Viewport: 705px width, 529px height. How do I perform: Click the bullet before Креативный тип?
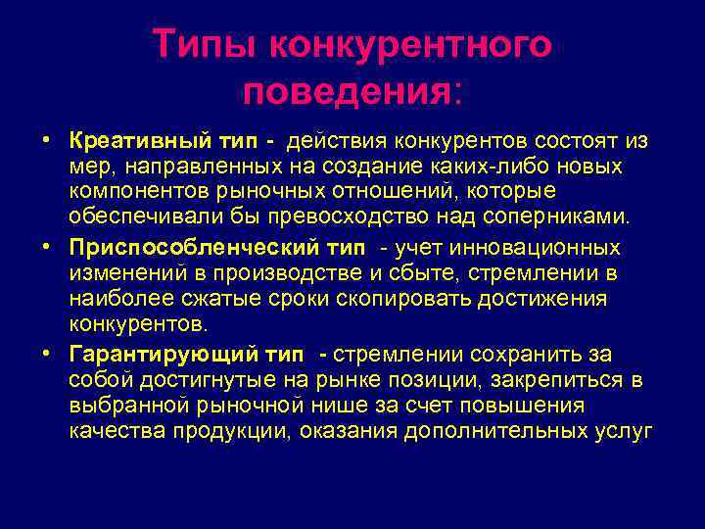[46, 141]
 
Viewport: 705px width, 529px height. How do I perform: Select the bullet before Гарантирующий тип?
[46, 353]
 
